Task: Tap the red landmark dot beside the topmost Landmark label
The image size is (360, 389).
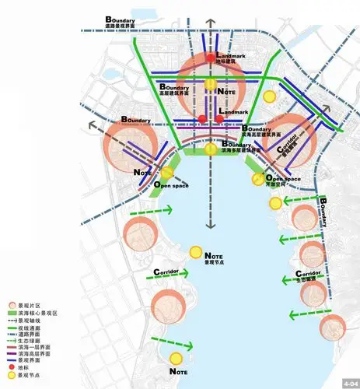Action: tap(211, 58)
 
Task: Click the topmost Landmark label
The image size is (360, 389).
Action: tap(232, 58)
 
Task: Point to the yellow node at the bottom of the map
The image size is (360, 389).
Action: tap(176, 359)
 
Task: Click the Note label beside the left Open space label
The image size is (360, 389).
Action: tap(142, 172)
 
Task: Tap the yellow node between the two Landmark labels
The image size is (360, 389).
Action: tap(210, 83)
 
